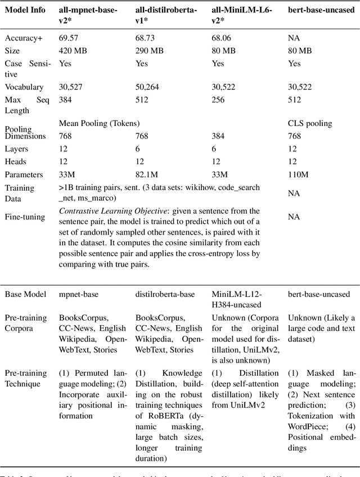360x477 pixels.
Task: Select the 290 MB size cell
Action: (x=149, y=51)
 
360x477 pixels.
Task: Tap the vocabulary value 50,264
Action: (x=148, y=87)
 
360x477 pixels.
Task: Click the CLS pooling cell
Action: (x=310, y=123)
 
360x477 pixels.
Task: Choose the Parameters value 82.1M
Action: (x=147, y=175)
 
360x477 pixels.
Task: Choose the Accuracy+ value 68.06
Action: (x=220, y=38)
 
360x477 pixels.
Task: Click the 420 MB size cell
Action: (x=73, y=51)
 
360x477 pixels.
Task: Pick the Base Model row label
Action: (x=25, y=294)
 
